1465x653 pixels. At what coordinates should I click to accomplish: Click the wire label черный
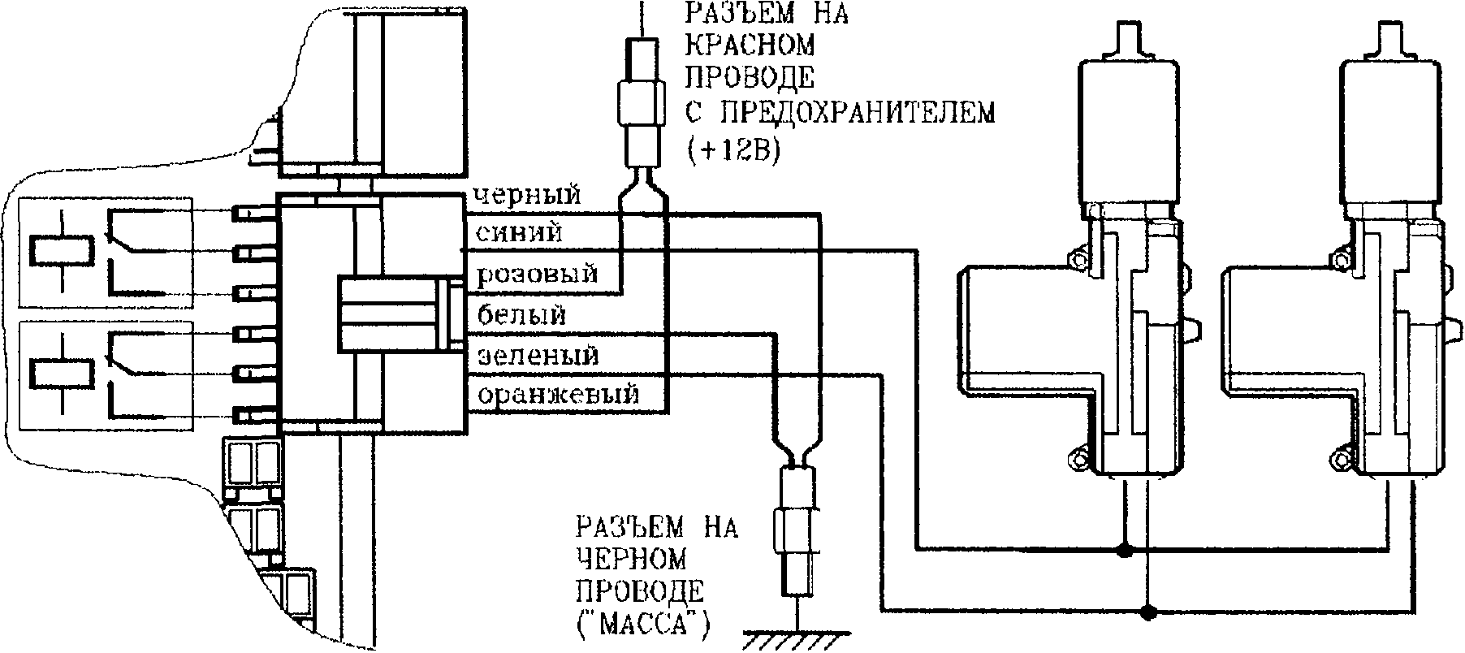pos(525,196)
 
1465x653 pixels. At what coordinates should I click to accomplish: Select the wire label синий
pos(518,234)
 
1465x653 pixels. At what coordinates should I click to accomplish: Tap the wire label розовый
pos(537,274)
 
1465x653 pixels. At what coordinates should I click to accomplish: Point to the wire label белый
pos(521,314)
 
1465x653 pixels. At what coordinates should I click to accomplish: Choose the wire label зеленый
pos(537,356)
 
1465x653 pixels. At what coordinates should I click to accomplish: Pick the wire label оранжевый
pos(558,396)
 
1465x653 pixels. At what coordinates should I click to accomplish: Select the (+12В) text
pos(732,151)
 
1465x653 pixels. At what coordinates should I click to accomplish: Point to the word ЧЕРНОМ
pos(631,560)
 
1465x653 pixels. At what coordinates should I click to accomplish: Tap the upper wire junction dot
pos(1125,551)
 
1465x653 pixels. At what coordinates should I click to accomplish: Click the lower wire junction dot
pos(1147,611)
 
